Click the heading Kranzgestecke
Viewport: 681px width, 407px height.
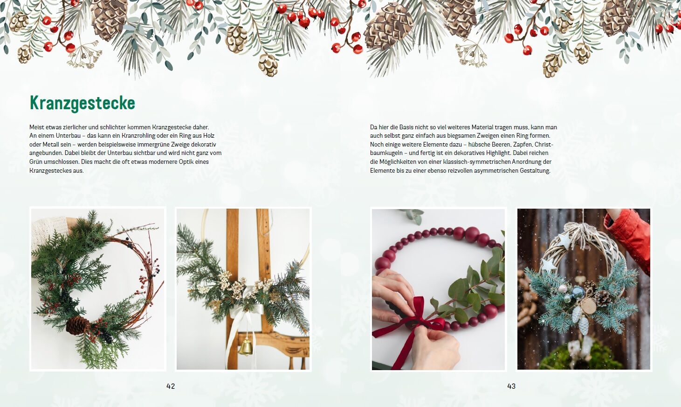[x=83, y=103]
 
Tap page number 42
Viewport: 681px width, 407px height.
[x=171, y=386]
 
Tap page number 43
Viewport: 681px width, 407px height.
[x=511, y=386]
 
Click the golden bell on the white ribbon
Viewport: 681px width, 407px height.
[x=246, y=347]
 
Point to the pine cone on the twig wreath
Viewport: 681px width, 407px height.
[x=77, y=326]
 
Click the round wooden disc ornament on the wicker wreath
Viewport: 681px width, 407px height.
[x=589, y=306]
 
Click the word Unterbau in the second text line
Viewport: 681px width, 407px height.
[x=68, y=135]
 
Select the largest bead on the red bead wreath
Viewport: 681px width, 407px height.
[x=472, y=234]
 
